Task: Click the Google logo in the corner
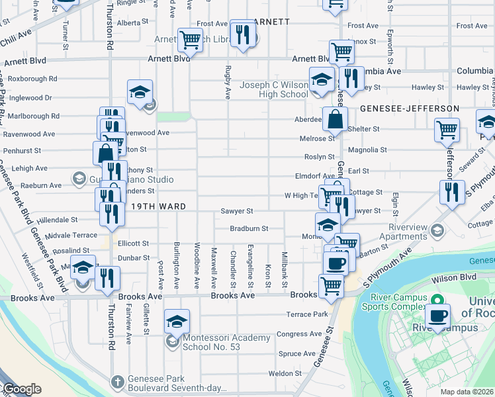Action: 21,389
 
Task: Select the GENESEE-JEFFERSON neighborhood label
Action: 410,108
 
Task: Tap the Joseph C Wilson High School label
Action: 274,89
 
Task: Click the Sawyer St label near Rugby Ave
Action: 237,212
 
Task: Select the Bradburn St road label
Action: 248,228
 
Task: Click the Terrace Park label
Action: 306,314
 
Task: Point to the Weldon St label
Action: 285,373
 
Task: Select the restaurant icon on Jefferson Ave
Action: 452,192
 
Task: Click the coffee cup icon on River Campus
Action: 437,315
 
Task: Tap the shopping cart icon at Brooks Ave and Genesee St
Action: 331,286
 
